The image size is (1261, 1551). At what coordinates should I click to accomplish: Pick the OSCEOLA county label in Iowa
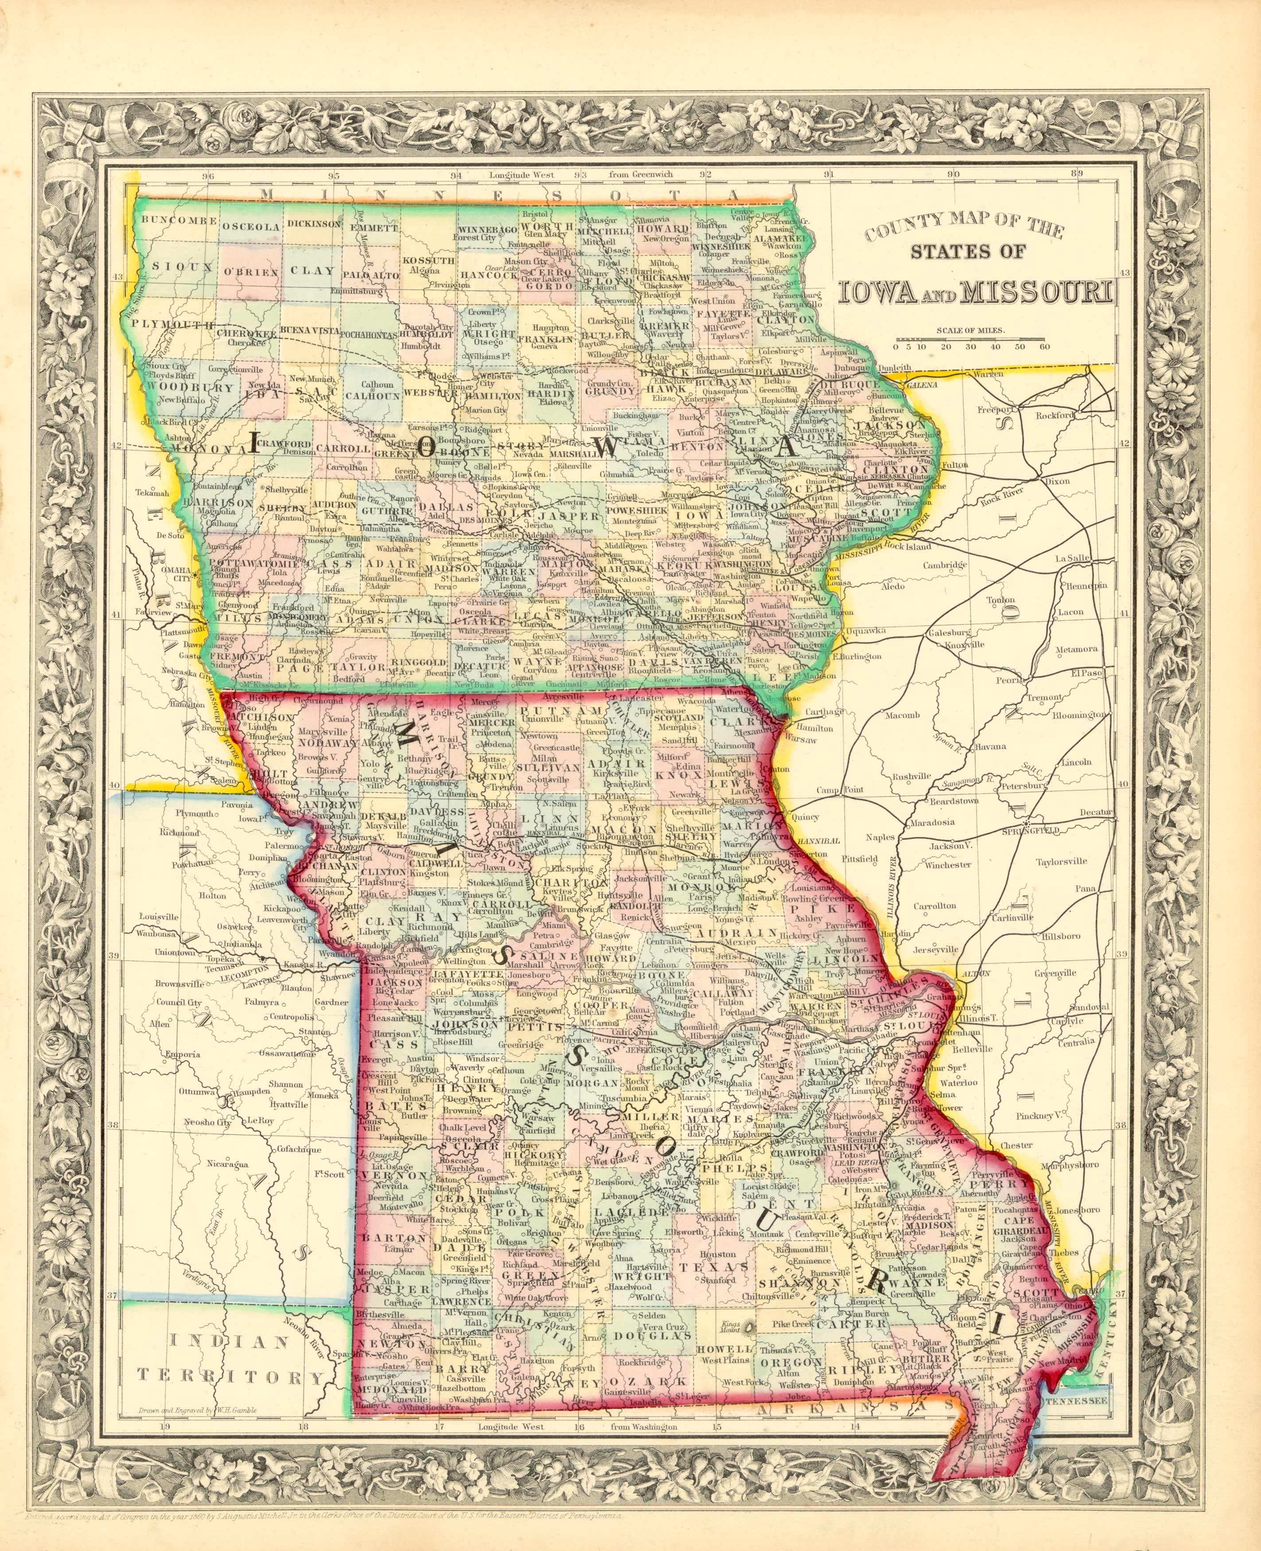pyautogui.click(x=251, y=226)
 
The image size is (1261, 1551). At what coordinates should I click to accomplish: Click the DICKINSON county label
pyautogui.click(x=314, y=225)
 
